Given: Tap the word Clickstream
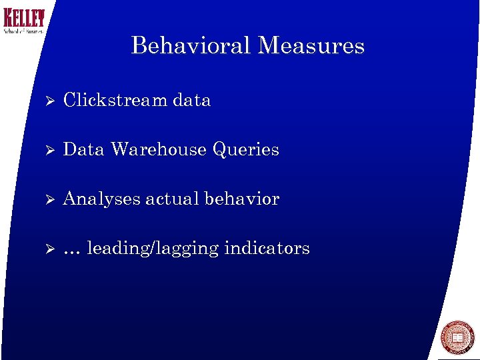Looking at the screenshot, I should click(x=115, y=100).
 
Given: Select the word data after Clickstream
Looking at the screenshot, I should click(x=191, y=100).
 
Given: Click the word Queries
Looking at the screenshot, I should click(x=246, y=150).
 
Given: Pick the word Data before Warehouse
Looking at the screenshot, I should click(x=83, y=149).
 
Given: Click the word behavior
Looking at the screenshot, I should click(x=242, y=199).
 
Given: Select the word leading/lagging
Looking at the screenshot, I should click(x=153, y=249).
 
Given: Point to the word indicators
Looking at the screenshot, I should click(x=267, y=248).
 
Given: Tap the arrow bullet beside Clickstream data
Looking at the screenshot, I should click(x=46, y=101).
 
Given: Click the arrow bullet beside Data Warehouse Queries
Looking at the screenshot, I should click(x=46, y=150).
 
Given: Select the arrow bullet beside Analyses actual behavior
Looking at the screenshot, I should click(x=46, y=199).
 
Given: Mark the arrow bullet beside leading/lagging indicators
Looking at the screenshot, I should click(x=46, y=249).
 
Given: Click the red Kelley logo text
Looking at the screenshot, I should click(x=24, y=18).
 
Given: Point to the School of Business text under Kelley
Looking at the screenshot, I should click(x=23, y=31).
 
